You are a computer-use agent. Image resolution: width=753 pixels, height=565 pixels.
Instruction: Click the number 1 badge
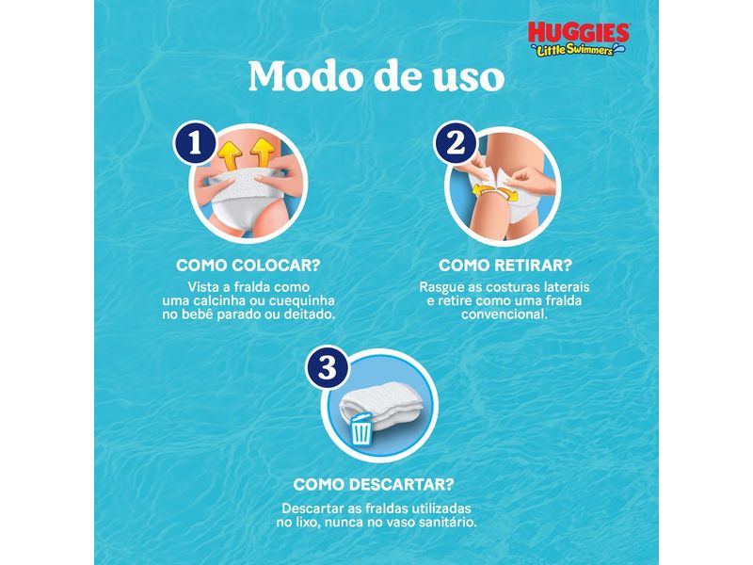click(x=196, y=145)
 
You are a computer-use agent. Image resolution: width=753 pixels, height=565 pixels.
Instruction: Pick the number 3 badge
click(x=325, y=369)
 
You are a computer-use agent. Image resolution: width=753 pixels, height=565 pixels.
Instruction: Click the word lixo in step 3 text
click(x=322, y=521)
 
